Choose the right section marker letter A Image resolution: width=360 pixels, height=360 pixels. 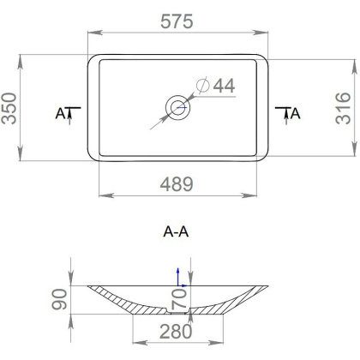pyautogui.click(x=296, y=113)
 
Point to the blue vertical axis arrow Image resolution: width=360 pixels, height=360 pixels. pyautogui.click(x=178, y=273)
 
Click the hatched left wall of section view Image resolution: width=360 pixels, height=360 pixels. pyautogui.click(x=120, y=296)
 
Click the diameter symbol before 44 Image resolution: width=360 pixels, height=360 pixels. pyautogui.click(x=202, y=86)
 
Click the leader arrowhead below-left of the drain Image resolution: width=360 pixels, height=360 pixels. pyautogui.click(x=155, y=127)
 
